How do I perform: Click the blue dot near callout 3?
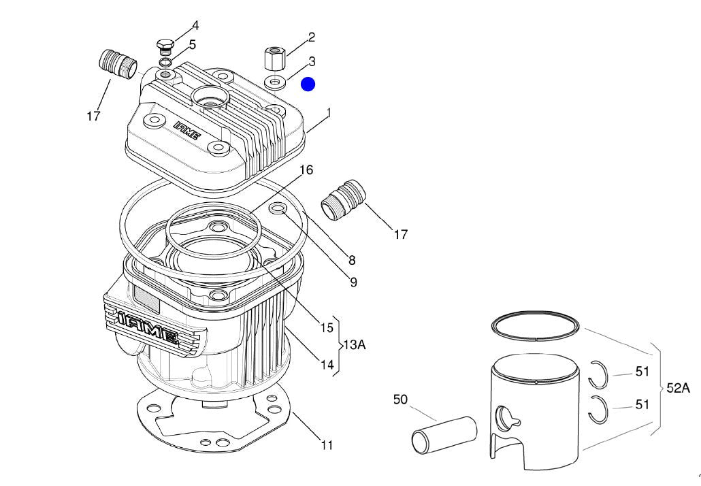coord(308,84)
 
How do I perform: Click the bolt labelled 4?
coord(164,46)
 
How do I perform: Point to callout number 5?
coord(193,45)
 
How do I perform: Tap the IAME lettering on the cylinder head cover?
coord(186,131)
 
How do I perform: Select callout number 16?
coord(306,169)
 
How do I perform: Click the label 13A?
coord(354,345)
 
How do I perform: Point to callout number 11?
coord(327,445)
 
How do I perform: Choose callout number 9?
coord(353,281)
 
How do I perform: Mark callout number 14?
coord(327,364)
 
